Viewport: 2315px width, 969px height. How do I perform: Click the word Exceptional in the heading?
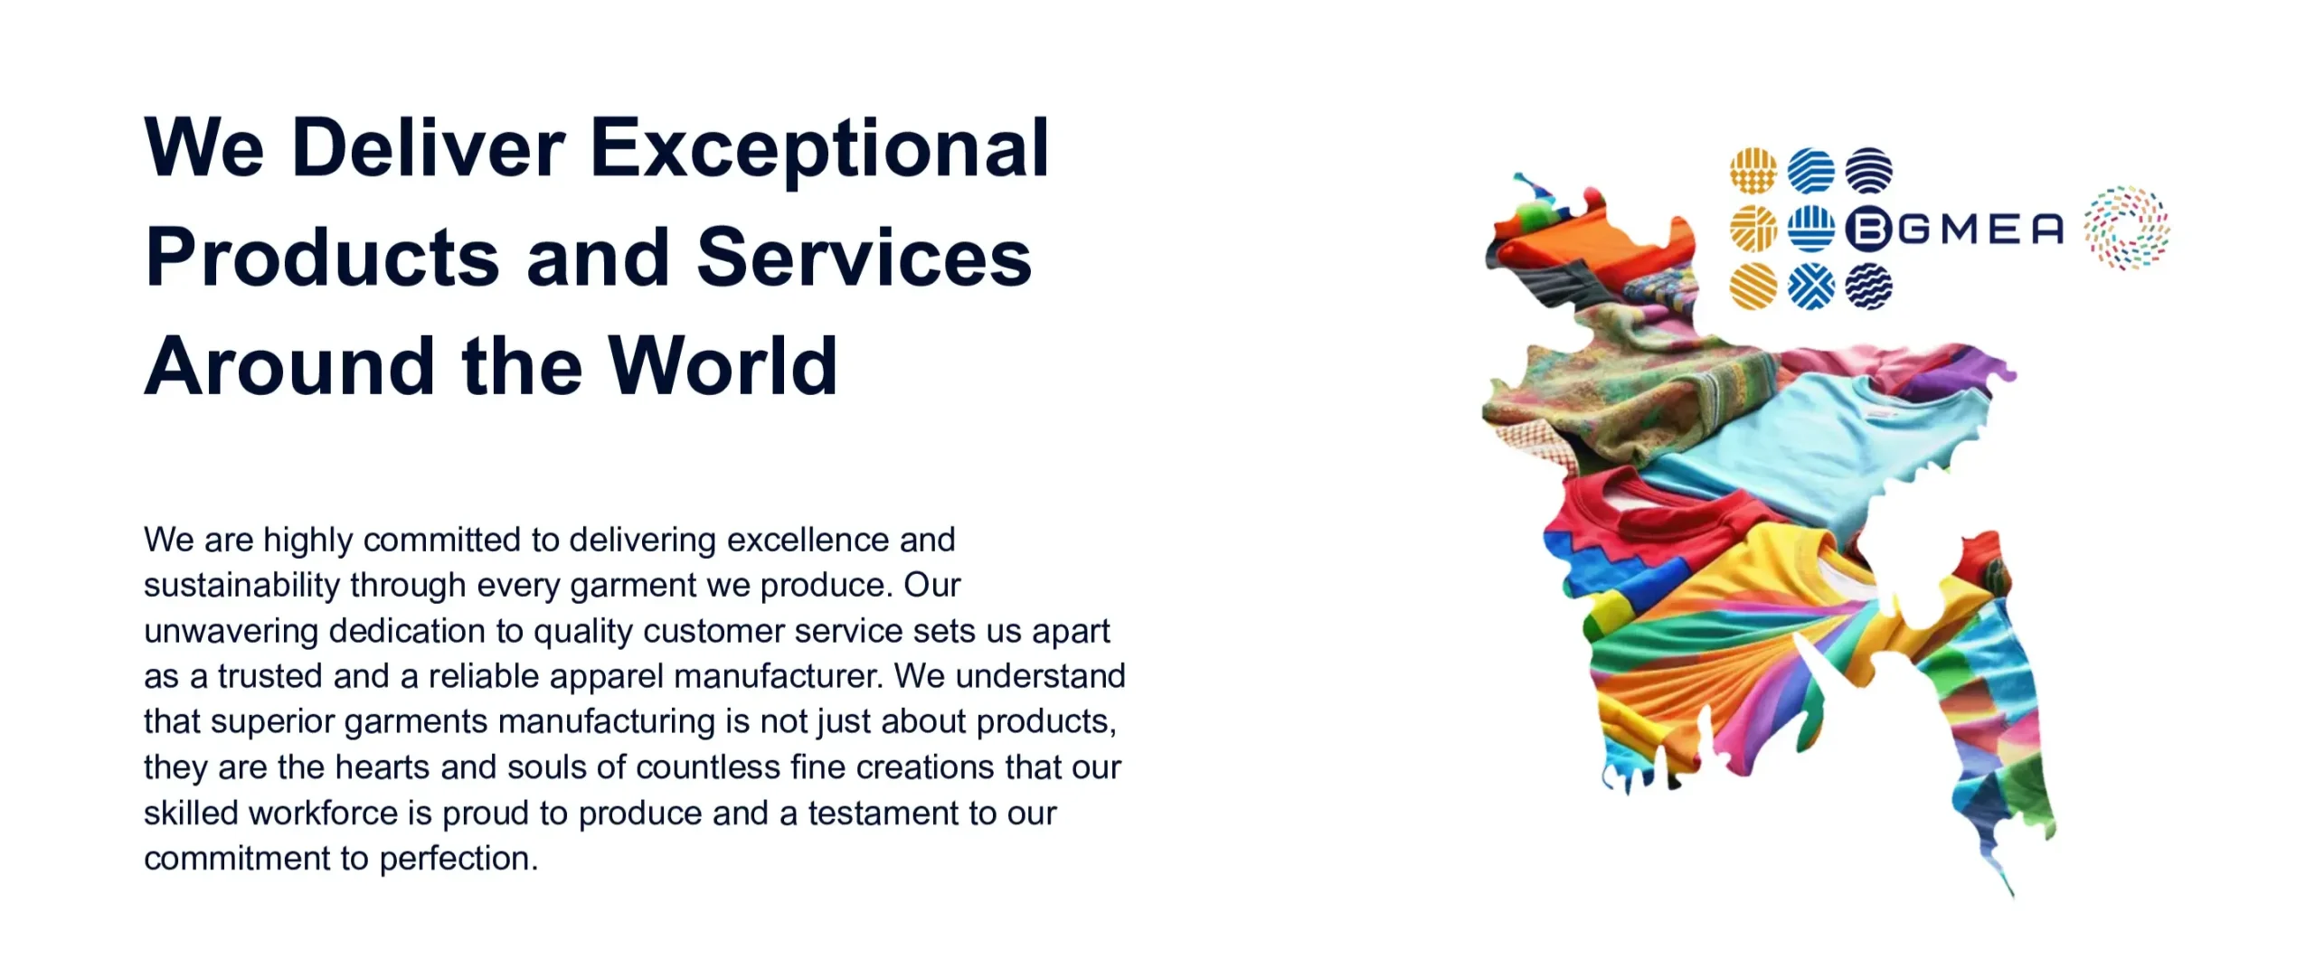coord(819,150)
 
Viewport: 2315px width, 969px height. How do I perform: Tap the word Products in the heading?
coord(322,258)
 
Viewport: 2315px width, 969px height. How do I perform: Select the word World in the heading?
coord(723,366)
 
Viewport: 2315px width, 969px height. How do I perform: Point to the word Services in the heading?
coord(864,258)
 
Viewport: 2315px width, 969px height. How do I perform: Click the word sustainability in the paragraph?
coord(241,586)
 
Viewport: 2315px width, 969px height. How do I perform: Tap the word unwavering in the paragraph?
coord(231,632)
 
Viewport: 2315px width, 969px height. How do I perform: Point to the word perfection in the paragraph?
coord(458,859)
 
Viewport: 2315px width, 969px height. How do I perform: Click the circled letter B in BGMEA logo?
coord(1868,229)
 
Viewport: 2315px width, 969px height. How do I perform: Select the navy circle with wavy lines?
coord(1868,287)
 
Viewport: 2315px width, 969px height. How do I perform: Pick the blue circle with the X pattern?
coord(1811,287)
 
